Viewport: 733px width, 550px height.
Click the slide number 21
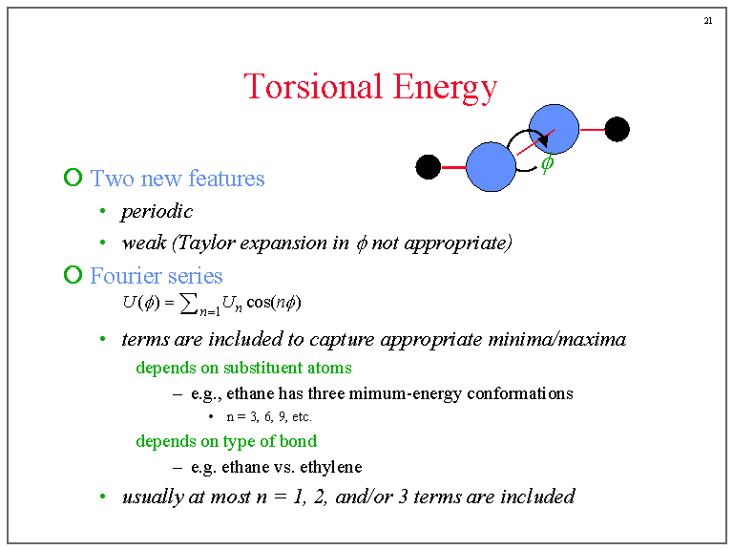pyautogui.click(x=708, y=21)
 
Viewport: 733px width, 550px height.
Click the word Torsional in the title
pyautogui.click(x=313, y=87)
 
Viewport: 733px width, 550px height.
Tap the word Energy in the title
pyautogui.click(x=445, y=88)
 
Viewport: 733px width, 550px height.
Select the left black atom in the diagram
pyautogui.click(x=428, y=167)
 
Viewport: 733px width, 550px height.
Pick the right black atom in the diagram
pyautogui.click(x=618, y=129)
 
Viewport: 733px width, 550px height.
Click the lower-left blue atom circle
pyautogui.click(x=491, y=167)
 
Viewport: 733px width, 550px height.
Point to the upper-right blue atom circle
pyautogui.click(x=554, y=129)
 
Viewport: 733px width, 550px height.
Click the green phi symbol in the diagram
pyautogui.click(x=548, y=162)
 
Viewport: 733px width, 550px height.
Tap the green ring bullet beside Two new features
pyautogui.click(x=73, y=178)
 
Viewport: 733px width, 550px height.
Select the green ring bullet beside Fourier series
pyautogui.click(x=73, y=275)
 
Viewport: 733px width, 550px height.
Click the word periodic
pyautogui.click(x=157, y=212)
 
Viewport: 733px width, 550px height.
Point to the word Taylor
pyautogui.click(x=206, y=243)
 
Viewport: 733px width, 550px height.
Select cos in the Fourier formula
pyautogui.click(x=259, y=302)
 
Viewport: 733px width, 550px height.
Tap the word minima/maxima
pyautogui.click(x=556, y=339)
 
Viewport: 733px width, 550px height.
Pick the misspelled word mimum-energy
pyautogui.click(x=406, y=393)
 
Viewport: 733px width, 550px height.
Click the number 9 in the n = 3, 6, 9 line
pyautogui.click(x=282, y=416)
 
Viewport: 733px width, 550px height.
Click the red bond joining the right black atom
pyautogui.click(x=592, y=130)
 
